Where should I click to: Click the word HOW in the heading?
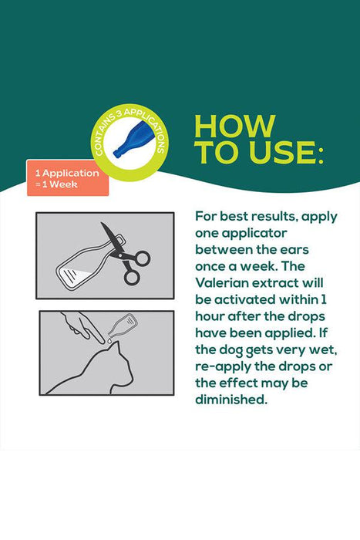pyautogui.click(x=235, y=126)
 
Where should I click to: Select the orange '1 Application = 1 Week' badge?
pyautogui.click(x=68, y=177)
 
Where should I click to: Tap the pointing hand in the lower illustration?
pyautogui.click(x=81, y=326)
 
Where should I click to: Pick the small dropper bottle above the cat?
pyautogui.click(x=123, y=326)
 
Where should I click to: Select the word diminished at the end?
pyautogui.click(x=231, y=400)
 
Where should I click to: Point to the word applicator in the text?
pyautogui.click(x=254, y=234)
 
